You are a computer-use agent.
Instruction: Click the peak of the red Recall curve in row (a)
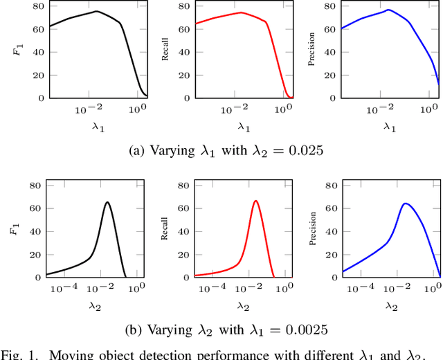click(241, 12)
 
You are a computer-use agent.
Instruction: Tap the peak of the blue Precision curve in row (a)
click(388, 10)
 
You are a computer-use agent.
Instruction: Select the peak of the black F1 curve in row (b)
click(107, 202)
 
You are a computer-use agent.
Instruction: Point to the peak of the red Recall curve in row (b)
click(255, 201)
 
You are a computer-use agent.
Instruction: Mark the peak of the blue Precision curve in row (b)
click(404, 204)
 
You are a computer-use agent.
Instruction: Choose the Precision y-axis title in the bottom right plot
click(313, 228)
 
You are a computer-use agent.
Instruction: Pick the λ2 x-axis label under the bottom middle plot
click(242, 305)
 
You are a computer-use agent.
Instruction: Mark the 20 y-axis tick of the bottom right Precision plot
click(332, 254)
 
